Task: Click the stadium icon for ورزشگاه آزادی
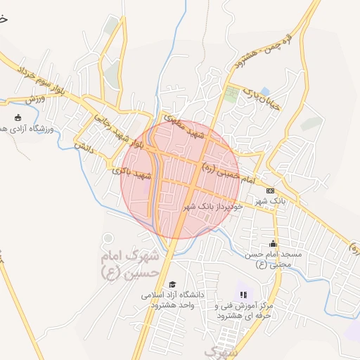(x=18, y=118)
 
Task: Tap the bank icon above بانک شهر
(x=270, y=191)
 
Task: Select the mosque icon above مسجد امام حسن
(x=273, y=243)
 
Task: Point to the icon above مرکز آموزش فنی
(x=243, y=295)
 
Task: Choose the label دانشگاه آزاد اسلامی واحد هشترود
(x=173, y=300)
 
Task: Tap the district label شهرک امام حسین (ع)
(x=130, y=266)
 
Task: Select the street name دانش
(x=84, y=146)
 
